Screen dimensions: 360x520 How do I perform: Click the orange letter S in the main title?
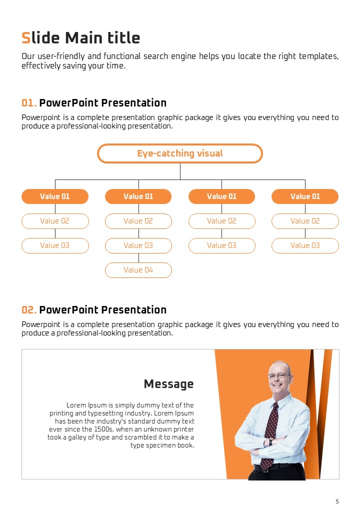click(26, 38)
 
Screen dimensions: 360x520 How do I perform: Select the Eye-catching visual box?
click(180, 153)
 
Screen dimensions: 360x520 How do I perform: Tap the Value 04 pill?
click(138, 270)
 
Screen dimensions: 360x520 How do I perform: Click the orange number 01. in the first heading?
click(29, 103)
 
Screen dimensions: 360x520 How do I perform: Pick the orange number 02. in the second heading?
click(29, 310)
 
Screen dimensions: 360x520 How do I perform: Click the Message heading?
click(168, 384)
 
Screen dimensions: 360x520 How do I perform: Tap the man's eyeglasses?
click(279, 375)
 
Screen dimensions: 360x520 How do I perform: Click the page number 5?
click(337, 501)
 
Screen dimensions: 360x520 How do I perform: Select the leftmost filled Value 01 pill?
click(55, 196)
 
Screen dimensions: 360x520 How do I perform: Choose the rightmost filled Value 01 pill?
click(305, 196)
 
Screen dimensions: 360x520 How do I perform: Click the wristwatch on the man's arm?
click(271, 442)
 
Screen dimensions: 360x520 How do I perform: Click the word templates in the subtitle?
click(318, 56)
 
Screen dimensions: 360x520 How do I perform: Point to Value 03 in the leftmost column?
click(55, 245)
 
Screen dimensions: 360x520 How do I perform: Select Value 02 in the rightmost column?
click(305, 221)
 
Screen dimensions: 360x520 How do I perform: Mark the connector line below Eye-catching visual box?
click(180, 171)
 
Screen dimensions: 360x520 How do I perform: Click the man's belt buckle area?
click(264, 468)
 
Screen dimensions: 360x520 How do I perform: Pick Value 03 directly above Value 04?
click(138, 245)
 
